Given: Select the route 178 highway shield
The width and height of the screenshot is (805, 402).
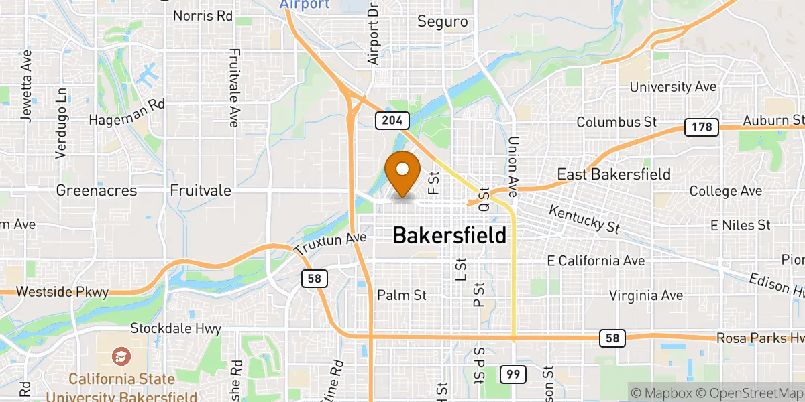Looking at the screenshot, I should coord(702,127).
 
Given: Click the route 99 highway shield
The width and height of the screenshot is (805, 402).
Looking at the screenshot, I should coord(512,375).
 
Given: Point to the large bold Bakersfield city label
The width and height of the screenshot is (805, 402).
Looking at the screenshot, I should coord(449,235).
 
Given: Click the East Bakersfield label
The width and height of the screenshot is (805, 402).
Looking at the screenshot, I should coord(614,175).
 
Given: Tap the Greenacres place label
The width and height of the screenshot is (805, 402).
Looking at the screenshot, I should coord(97,191).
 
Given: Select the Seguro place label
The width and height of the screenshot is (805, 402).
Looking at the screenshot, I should coord(442,21).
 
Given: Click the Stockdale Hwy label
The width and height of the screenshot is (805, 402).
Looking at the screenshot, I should coord(175,329).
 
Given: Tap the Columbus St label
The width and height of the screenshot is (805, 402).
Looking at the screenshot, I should coord(616,123).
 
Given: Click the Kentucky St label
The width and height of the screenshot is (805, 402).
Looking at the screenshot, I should coord(584,218).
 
